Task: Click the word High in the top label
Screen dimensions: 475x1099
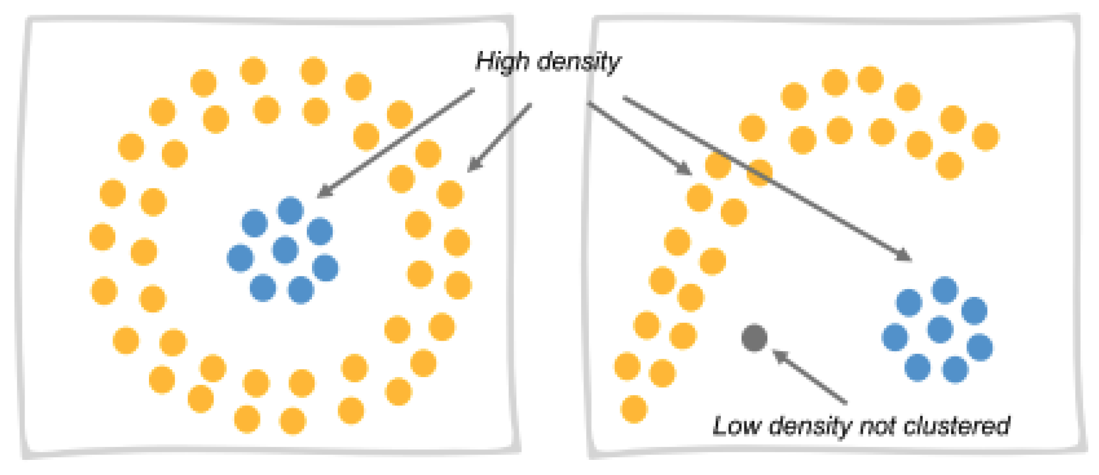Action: pyautogui.click(x=502, y=61)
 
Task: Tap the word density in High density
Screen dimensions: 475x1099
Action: pyautogui.click(x=578, y=63)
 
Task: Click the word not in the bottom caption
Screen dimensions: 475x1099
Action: pyautogui.click(x=878, y=426)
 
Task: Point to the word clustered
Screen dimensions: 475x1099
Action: pyautogui.click(x=957, y=426)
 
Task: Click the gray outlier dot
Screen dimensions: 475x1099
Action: pyautogui.click(x=754, y=337)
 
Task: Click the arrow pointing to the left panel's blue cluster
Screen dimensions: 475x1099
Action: pyautogui.click(x=396, y=143)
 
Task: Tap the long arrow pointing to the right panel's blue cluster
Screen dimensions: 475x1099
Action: pyautogui.click(x=766, y=177)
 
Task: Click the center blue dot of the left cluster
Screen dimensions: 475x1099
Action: pyautogui.click(x=285, y=249)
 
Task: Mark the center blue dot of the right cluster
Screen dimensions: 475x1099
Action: pyautogui.click(x=940, y=329)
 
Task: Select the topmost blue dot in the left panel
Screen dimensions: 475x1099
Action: pyautogui.click(x=291, y=210)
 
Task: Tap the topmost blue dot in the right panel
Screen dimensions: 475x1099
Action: pyautogui.click(x=945, y=290)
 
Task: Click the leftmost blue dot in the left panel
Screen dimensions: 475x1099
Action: pyautogui.click(x=240, y=258)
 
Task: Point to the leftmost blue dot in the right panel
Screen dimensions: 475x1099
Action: pyautogui.click(x=895, y=337)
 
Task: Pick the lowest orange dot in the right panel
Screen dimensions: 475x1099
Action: pyautogui.click(x=634, y=409)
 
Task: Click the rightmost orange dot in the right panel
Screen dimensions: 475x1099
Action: pyautogui.click(x=985, y=136)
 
